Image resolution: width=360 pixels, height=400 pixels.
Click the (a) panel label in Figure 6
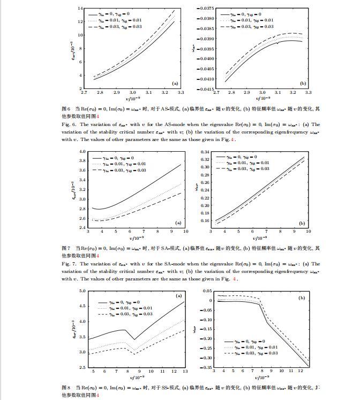click(x=175, y=84)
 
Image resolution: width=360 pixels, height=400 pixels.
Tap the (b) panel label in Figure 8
click(x=302, y=297)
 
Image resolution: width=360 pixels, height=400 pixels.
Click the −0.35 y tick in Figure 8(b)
click(x=204, y=367)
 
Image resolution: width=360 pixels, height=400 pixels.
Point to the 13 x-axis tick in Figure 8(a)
click(x=185, y=372)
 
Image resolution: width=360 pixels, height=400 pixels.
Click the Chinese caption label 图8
click(x=66, y=387)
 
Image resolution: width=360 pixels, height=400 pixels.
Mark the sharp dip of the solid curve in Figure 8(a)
click(x=133, y=339)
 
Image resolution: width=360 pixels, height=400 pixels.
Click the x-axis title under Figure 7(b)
click(x=259, y=237)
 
